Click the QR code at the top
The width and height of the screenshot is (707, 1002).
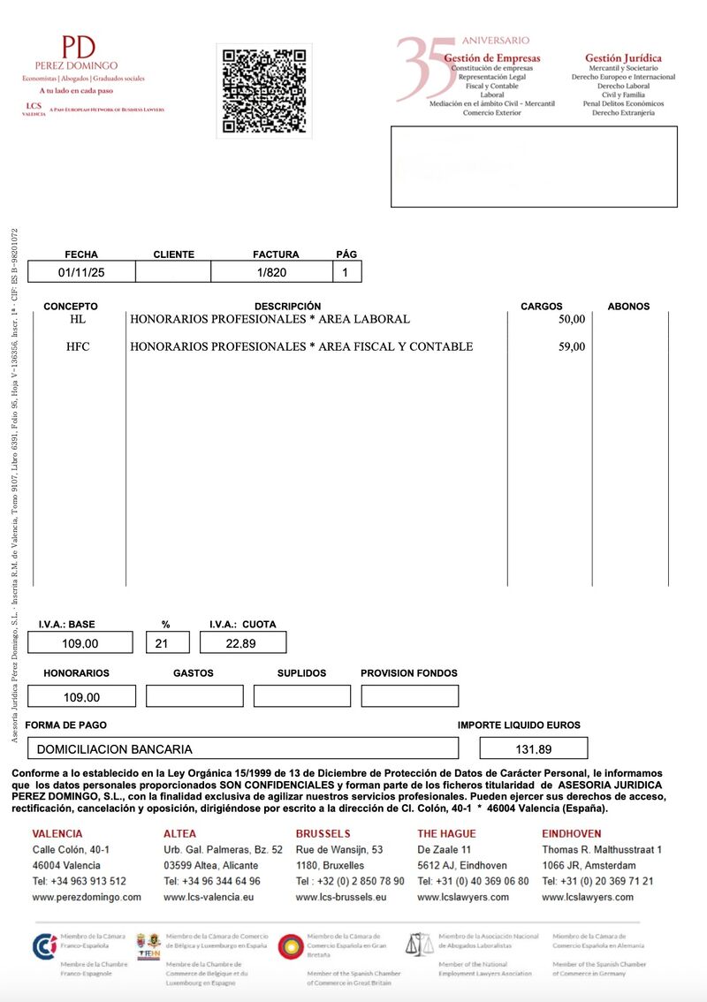(264, 91)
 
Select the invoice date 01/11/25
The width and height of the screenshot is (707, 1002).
(81, 272)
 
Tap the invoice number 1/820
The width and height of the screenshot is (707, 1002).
(271, 272)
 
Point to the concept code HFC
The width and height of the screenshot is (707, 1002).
(79, 346)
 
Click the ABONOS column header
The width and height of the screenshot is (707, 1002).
(628, 306)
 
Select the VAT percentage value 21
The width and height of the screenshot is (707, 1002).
(161, 643)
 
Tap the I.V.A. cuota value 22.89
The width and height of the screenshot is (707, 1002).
(240, 643)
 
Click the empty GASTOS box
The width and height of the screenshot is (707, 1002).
(194, 696)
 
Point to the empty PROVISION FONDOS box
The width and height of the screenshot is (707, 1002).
(409, 696)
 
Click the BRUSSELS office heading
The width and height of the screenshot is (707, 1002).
(323, 833)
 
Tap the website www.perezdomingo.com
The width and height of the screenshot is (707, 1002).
(87, 897)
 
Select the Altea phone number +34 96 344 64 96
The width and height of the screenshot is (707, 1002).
(212, 881)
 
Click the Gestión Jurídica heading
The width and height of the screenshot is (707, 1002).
(623, 57)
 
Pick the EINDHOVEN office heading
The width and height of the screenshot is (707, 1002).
(571, 833)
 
